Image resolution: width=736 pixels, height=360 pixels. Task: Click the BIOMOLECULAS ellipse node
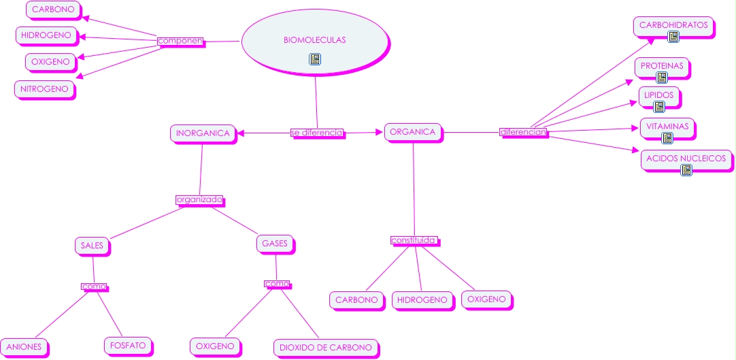tap(314, 41)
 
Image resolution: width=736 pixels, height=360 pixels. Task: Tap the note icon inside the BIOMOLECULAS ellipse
tap(314, 59)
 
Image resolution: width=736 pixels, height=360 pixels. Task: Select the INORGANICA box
tap(203, 133)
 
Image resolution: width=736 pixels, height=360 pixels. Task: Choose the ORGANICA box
tap(413, 132)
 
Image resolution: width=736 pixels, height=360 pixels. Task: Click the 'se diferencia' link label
tap(317, 133)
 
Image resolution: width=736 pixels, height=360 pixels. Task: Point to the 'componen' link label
tap(180, 41)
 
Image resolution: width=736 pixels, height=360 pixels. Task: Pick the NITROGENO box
tap(44, 88)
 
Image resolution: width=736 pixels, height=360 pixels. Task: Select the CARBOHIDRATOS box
tap(673, 26)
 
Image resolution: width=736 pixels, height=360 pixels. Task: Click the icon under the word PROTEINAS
tap(662, 77)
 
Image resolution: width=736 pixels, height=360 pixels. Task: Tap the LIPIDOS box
tap(659, 96)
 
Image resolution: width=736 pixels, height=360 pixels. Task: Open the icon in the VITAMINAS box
tap(667, 137)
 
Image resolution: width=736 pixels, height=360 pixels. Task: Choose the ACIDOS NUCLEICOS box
tap(686, 159)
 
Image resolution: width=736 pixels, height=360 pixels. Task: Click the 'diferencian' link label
tap(523, 132)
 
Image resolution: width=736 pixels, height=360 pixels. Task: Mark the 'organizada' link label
tap(199, 200)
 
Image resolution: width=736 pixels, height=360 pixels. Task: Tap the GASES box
tap(275, 243)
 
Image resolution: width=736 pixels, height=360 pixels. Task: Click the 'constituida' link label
tap(414, 240)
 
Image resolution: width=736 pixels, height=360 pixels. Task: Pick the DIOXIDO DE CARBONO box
tap(326, 347)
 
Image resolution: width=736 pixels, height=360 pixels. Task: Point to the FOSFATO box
tap(128, 346)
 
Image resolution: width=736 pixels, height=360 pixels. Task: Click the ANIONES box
tap(25, 347)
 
